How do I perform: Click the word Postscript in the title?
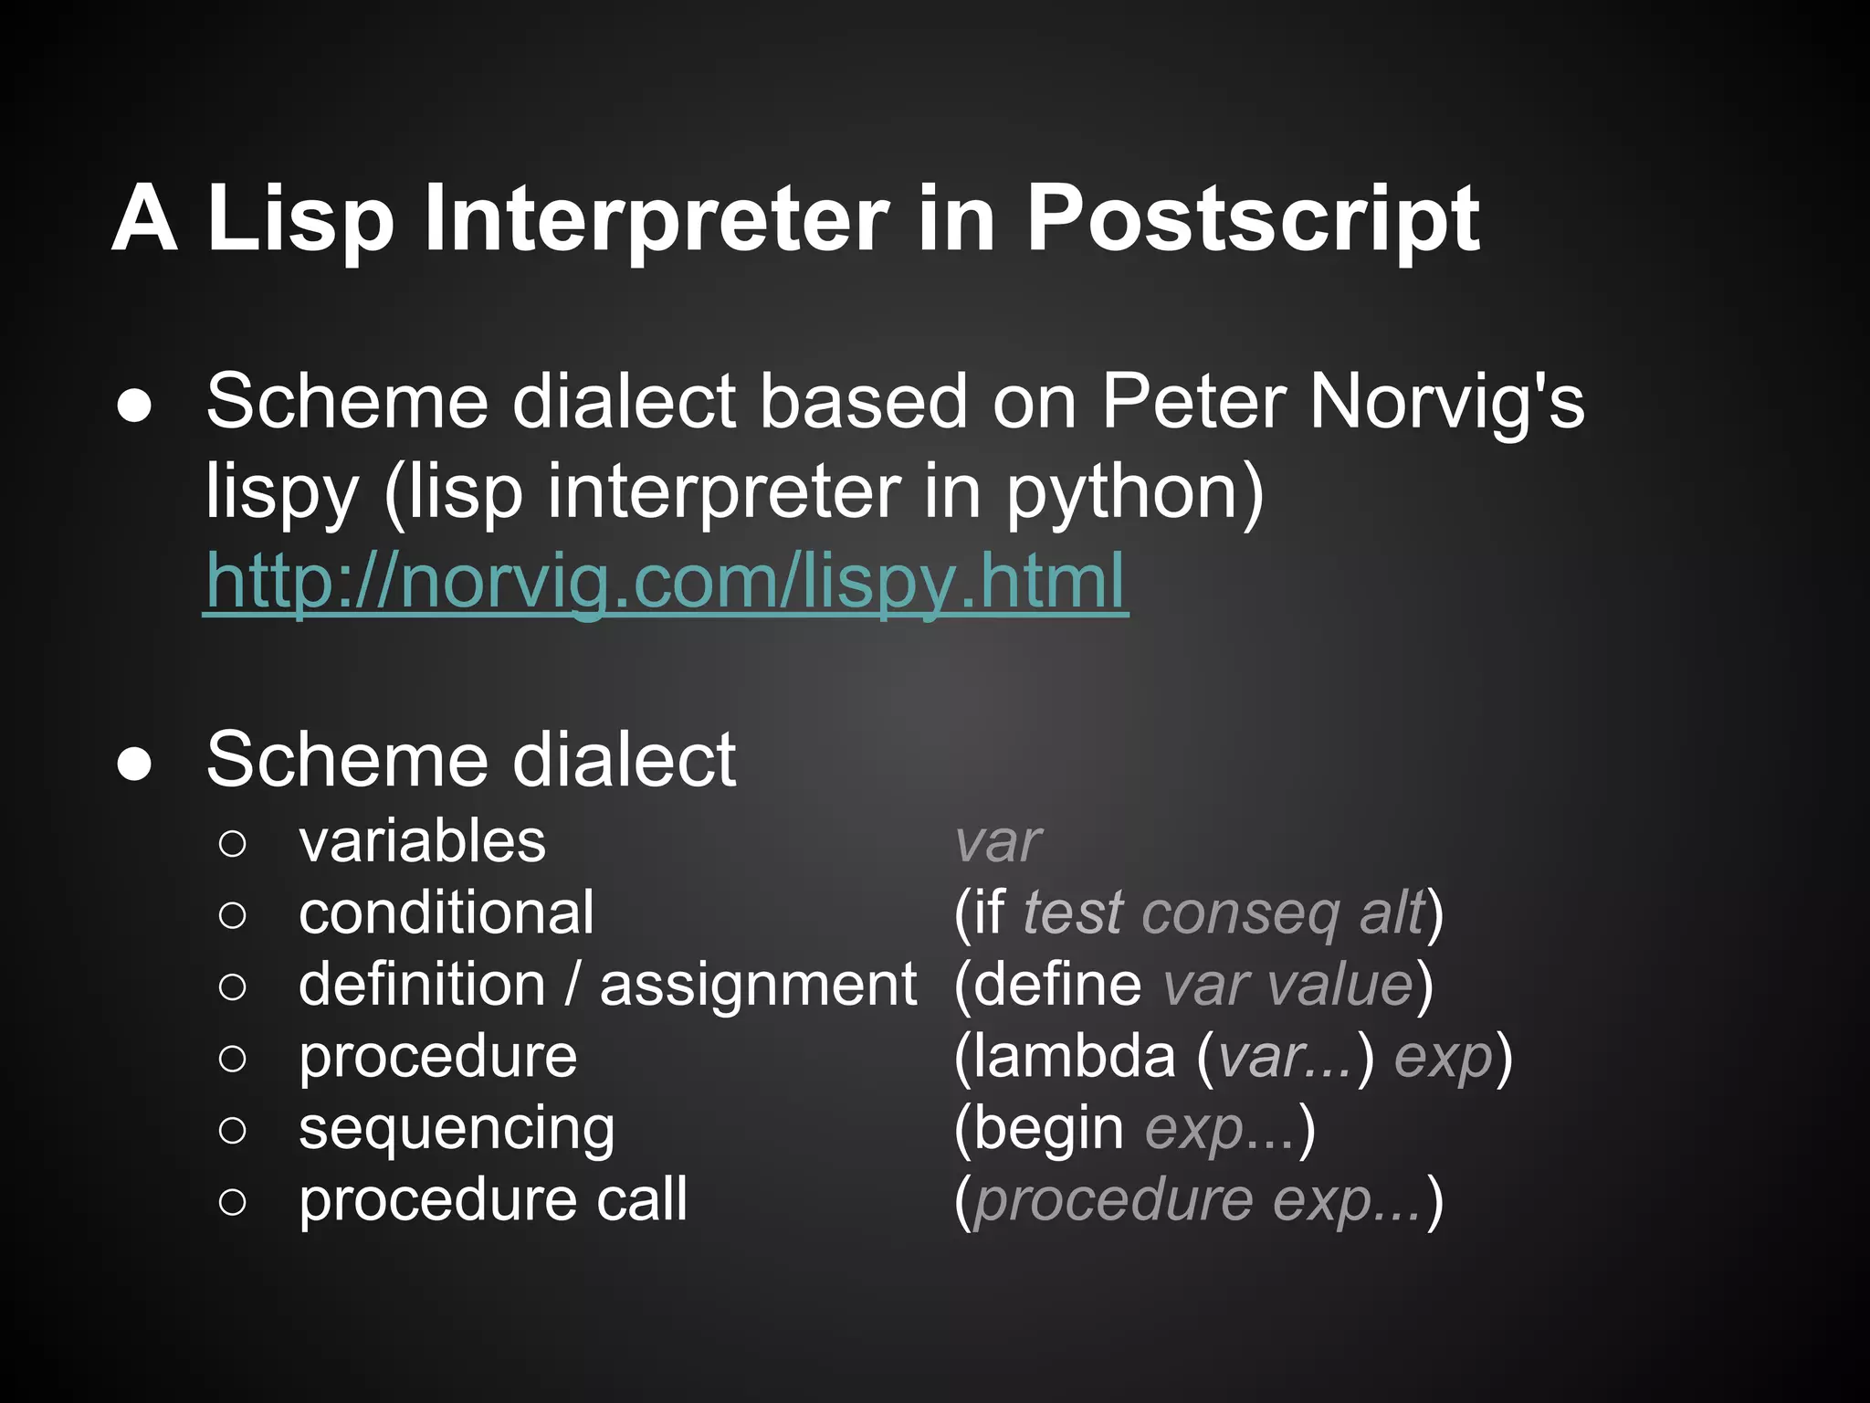tap(1253, 219)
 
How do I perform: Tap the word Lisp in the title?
tap(300, 219)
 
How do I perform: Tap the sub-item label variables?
tap(422, 840)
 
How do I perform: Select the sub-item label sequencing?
tap(457, 1129)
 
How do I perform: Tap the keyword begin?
tap(1048, 1129)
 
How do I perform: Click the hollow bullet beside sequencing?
tap(233, 1130)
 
